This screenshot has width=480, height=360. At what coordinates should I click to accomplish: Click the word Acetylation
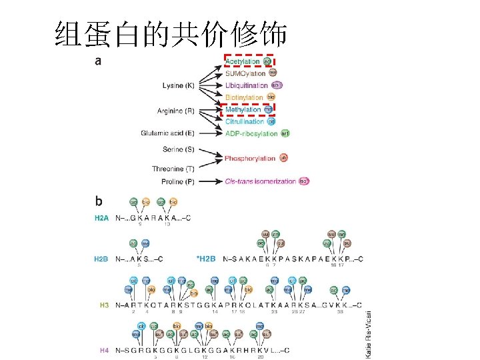pyautogui.click(x=243, y=61)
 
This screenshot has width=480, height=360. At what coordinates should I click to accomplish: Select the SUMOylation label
pyautogui.click(x=245, y=73)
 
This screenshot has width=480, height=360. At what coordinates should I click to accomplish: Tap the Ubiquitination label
pyautogui.click(x=247, y=85)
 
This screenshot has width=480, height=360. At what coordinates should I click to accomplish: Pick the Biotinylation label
pyautogui.click(x=244, y=97)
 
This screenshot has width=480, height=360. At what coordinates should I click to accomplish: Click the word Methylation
pyautogui.click(x=243, y=109)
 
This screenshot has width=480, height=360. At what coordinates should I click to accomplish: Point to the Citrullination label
pyautogui.click(x=245, y=121)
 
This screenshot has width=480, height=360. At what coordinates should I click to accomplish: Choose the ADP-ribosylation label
pyautogui.click(x=251, y=133)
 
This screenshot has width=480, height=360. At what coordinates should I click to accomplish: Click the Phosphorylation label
pyautogui.click(x=250, y=158)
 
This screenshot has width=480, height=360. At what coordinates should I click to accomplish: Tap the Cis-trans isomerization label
pyautogui.click(x=261, y=181)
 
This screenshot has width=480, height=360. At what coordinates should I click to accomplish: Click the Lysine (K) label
pyautogui.click(x=179, y=85)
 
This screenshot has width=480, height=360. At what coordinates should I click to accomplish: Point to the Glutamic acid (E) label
pyautogui.click(x=167, y=133)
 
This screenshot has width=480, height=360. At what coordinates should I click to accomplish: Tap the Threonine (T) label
pyautogui.click(x=173, y=169)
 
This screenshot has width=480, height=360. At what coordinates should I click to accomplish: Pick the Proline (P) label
pyautogui.click(x=178, y=181)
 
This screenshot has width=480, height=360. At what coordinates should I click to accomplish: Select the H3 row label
pyautogui.click(x=104, y=305)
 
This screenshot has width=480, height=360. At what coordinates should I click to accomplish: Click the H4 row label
pyautogui.click(x=104, y=349)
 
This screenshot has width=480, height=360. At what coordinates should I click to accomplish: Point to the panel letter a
pyautogui.click(x=99, y=61)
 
